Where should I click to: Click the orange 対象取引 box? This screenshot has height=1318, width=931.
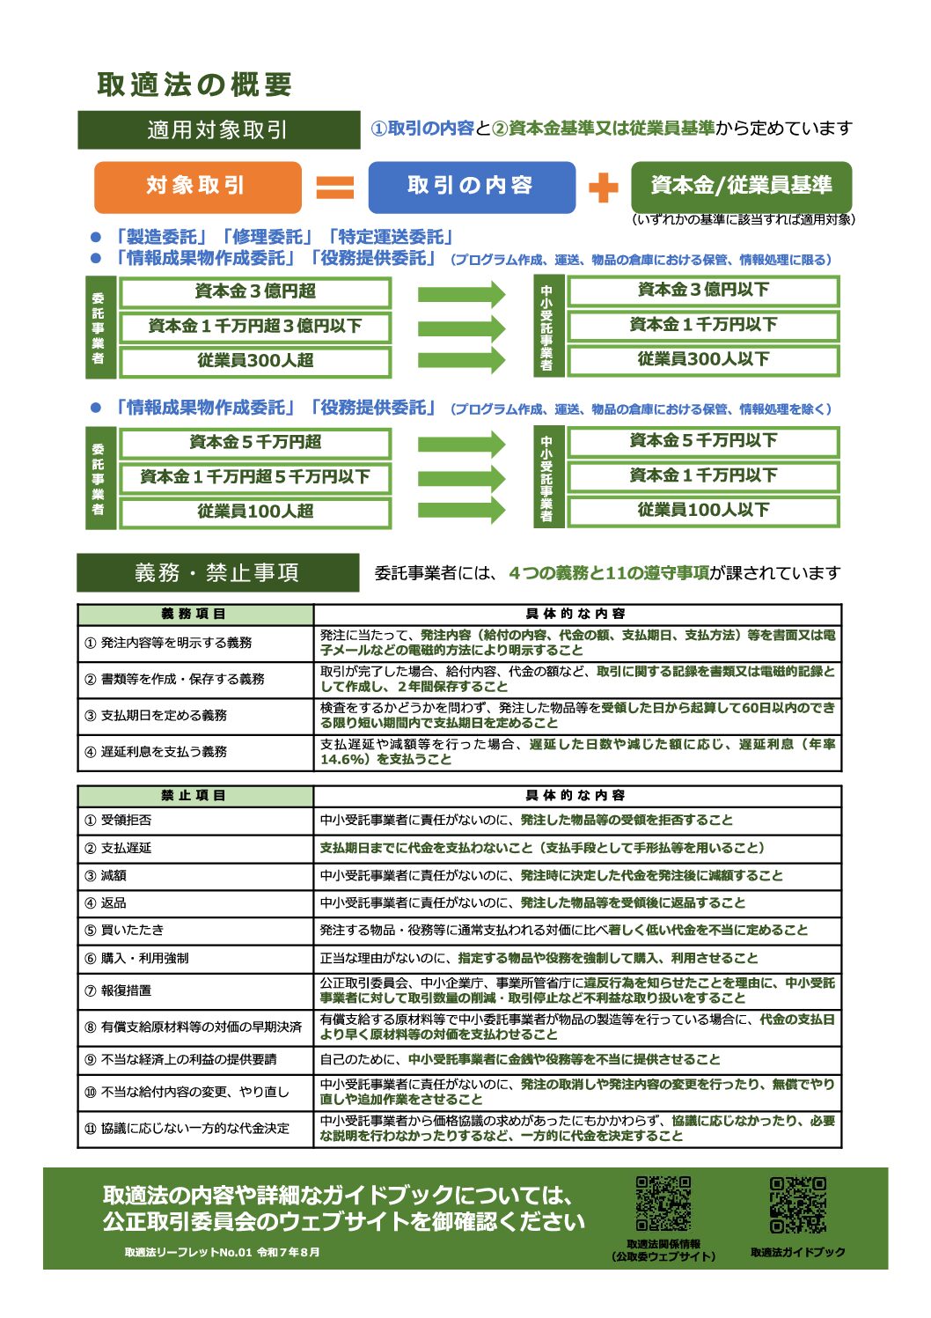(197, 186)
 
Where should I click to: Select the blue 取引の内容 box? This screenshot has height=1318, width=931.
(471, 186)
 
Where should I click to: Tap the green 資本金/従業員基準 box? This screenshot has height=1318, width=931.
(741, 186)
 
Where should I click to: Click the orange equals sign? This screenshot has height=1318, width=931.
(334, 187)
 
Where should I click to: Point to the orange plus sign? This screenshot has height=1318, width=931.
(603, 187)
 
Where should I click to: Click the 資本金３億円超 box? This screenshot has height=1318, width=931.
(255, 291)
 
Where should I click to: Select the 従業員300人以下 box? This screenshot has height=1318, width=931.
(703, 359)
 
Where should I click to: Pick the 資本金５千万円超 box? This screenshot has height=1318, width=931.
(255, 442)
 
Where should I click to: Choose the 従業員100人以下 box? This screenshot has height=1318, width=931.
(703, 510)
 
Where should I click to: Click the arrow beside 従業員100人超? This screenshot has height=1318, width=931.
(461, 510)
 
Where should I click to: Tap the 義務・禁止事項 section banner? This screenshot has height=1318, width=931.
(217, 572)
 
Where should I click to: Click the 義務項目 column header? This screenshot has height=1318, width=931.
(194, 614)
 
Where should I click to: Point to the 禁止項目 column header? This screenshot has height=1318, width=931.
(194, 795)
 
